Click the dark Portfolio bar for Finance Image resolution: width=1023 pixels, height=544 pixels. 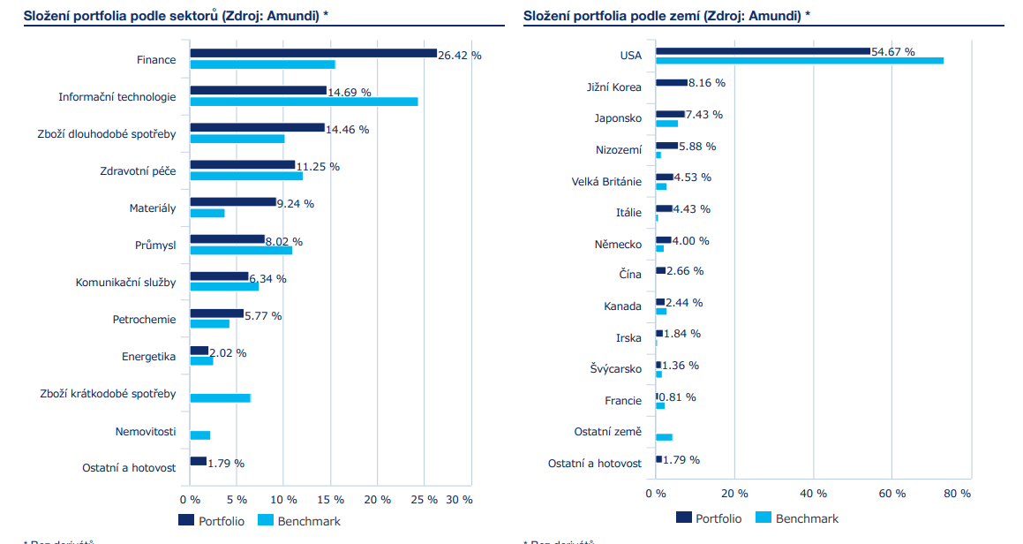click(313, 53)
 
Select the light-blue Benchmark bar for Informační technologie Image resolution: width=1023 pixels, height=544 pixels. click(304, 102)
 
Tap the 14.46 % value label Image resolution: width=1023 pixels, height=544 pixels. click(348, 129)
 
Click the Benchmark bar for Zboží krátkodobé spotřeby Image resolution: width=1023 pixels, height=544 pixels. click(221, 398)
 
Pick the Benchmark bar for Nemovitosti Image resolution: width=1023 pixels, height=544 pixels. click(200, 435)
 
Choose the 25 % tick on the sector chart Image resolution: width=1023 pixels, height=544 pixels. click(425, 499)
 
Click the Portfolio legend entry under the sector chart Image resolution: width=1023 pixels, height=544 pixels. click(212, 521)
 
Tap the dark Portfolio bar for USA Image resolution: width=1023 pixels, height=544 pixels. click(763, 51)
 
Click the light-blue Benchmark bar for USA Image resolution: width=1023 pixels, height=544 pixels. click(800, 61)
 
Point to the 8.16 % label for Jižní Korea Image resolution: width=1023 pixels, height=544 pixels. click(707, 82)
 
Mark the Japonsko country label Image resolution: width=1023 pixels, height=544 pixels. click(618, 118)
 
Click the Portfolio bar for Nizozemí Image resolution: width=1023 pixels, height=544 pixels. click(667, 146)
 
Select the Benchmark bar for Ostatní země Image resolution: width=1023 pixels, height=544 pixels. click(664, 437)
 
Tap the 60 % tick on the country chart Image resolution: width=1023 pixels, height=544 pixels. click(892, 493)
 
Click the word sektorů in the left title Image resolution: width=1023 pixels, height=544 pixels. click(192, 16)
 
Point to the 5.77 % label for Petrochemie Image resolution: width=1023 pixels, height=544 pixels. click(263, 315)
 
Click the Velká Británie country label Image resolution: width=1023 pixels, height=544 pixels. click(606, 182)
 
